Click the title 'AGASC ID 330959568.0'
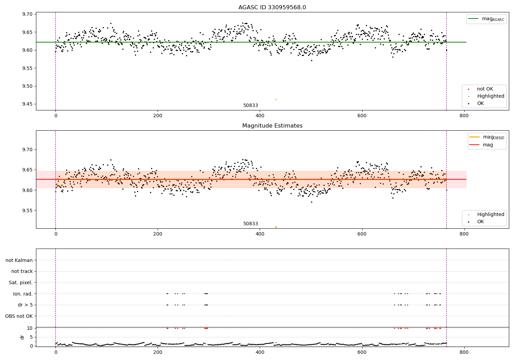(x=272, y=8)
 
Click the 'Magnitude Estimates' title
(x=272, y=126)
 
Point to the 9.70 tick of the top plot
(x=27, y=14)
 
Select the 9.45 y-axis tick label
(x=27, y=104)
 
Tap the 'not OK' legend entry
(x=485, y=89)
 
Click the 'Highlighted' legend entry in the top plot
(x=490, y=96)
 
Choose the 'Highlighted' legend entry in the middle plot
(x=490, y=215)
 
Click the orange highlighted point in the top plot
(x=276, y=99)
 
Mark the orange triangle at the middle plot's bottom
(x=276, y=227)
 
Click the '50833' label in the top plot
(x=250, y=106)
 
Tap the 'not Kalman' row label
(x=19, y=260)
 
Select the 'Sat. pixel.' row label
(x=21, y=283)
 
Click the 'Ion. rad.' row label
(x=23, y=294)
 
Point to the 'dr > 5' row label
(x=25, y=305)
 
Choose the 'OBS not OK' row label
(x=19, y=316)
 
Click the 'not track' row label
(x=22, y=272)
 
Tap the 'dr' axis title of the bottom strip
(x=22, y=337)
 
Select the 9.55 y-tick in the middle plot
(x=27, y=211)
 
